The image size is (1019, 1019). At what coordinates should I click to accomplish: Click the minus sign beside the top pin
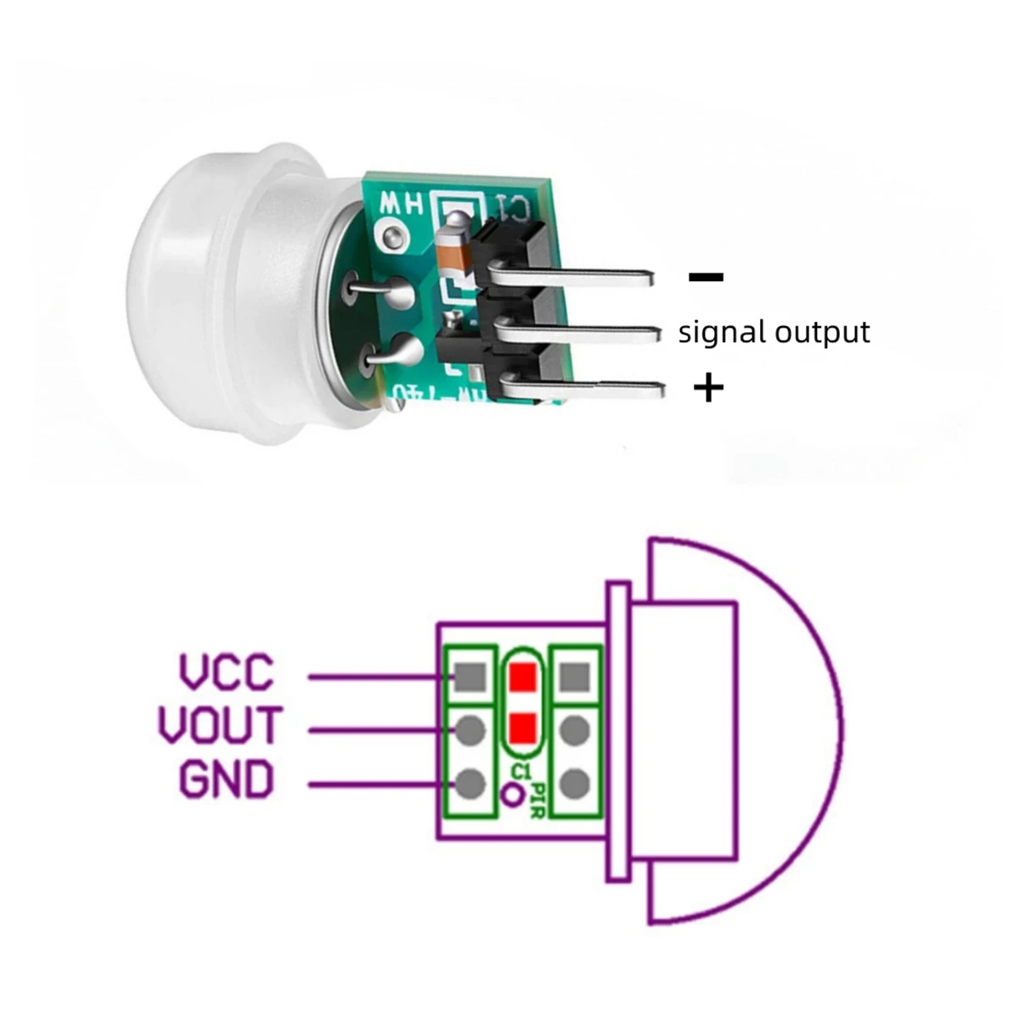click(706, 277)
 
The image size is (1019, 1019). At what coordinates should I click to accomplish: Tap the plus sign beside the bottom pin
click(709, 389)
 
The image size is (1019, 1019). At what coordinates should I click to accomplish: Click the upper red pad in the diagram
click(523, 677)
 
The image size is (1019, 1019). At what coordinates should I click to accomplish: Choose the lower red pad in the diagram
click(523, 727)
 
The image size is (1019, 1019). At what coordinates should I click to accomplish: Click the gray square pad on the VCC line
click(470, 677)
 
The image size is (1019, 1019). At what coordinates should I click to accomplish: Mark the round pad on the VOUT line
click(470, 729)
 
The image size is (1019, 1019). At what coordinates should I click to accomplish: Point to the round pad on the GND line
click(470, 781)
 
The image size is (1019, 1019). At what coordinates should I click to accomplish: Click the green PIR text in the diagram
click(538, 799)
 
